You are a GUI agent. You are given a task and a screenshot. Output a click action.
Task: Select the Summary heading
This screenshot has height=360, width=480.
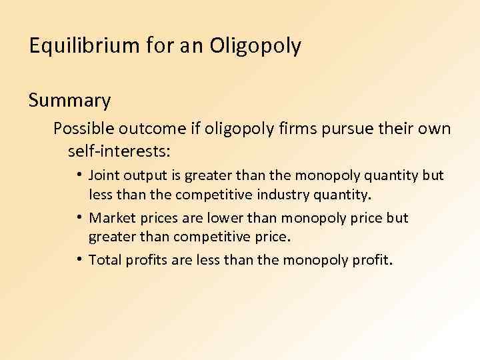pos(69,101)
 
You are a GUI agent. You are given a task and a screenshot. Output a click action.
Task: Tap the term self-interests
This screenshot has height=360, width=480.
pos(119,151)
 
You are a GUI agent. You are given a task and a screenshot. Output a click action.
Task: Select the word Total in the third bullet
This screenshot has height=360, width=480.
pos(103,259)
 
